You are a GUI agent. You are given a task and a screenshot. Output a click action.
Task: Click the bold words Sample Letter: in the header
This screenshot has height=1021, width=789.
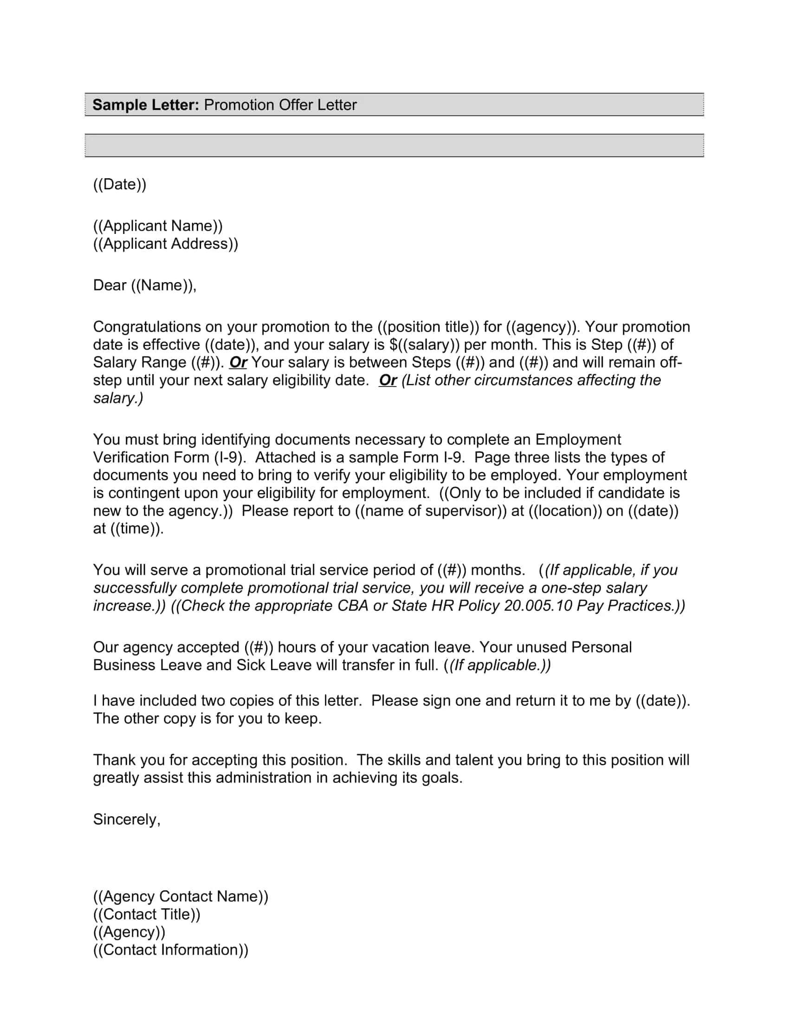pyautogui.click(x=145, y=105)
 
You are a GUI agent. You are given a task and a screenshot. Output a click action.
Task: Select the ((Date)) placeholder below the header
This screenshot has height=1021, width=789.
pyautogui.click(x=120, y=184)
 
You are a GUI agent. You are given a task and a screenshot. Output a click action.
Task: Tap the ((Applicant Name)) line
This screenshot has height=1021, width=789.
pyautogui.click(x=157, y=226)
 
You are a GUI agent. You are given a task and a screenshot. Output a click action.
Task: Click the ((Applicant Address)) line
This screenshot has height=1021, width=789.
pyautogui.click(x=166, y=244)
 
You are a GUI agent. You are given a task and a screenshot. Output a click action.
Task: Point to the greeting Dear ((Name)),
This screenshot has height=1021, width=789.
pyautogui.click(x=144, y=285)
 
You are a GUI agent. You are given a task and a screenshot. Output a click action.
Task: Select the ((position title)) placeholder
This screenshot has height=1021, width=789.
pyautogui.click(x=428, y=327)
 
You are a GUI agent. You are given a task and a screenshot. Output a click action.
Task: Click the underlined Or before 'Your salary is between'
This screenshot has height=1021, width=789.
pyautogui.click(x=238, y=362)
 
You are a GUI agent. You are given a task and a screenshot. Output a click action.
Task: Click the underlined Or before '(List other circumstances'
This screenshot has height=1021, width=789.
pyautogui.click(x=388, y=380)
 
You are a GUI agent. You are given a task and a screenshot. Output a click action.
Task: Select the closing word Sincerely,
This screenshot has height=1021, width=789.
pyautogui.click(x=127, y=820)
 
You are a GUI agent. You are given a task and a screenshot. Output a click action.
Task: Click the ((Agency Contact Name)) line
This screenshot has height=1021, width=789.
pyautogui.click(x=181, y=897)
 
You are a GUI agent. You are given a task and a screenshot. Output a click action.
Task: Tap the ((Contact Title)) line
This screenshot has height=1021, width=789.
pyautogui.click(x=147, y=914)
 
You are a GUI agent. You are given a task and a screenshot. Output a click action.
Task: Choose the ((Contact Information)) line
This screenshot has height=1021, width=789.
pyautogui.click(x=171, y=950)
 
